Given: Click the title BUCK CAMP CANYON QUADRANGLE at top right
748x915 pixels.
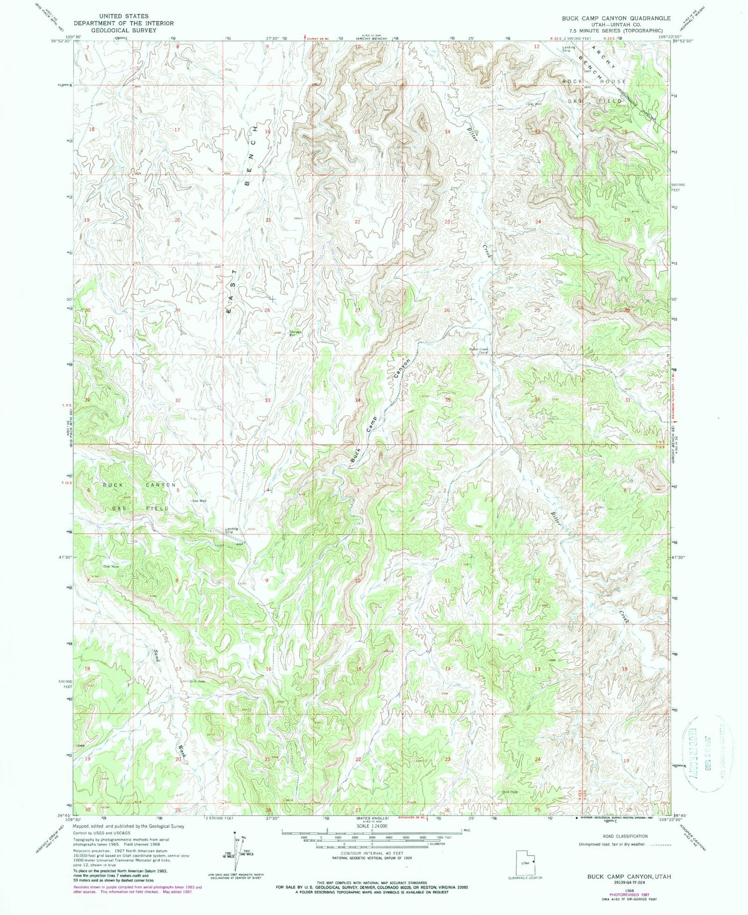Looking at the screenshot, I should point(616,18).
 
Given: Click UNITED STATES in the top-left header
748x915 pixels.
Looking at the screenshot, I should point(123,16).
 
